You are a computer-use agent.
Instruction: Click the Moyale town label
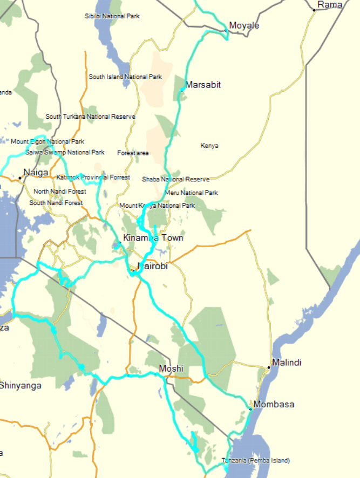[x=244, y=26]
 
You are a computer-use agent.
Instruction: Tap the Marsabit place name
[x=203, y=85]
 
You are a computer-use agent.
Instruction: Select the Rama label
[x=330, y=5]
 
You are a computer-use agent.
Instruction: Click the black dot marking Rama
[x=314, y=10]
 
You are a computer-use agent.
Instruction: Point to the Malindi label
[x=287, y=362]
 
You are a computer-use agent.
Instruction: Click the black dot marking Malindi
[x=269, y=367]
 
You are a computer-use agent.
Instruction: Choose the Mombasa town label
[x=274, y=404]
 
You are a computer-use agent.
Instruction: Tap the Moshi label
[x=171, y=368]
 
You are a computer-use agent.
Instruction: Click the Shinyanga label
[x=21, y=385]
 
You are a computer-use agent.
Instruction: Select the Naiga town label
[x=36, y=173]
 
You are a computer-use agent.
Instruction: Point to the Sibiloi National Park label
[x=112, y=16]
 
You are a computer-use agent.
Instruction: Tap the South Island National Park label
[x=125, y=77]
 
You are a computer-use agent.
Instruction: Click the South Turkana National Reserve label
[x=90, y=117]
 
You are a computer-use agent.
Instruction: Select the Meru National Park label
[x=192, y=193]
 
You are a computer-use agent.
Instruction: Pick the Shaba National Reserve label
[x=175, y=179]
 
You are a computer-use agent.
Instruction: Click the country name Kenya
[x=209, y=146]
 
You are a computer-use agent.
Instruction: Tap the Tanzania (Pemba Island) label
[x=255, y=461]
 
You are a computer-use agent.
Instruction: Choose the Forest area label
[x=133, y=153]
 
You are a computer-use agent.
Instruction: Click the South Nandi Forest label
[x=56, y=203]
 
